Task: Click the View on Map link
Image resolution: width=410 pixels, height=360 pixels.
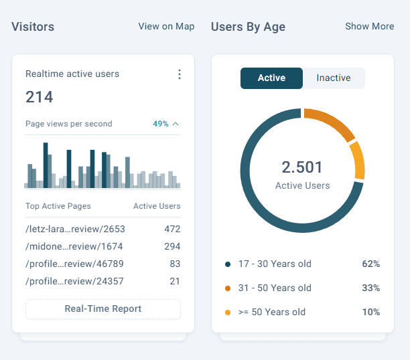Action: pos(166,26)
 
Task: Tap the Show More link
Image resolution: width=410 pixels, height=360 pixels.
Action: pos(369,26)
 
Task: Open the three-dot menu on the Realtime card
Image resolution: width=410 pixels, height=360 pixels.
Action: pos(180,74)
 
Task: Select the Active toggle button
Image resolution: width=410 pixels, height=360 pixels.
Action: pos(271,78)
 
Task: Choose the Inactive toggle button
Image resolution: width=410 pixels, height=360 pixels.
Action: pos(334,78)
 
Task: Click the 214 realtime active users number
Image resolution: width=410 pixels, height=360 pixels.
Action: pos(40,97)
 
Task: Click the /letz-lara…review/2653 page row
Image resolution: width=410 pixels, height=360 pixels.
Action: pos(75,229)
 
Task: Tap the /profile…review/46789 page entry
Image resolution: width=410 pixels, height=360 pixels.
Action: pos(74,264)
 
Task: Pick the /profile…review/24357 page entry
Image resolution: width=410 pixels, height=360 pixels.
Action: pos(74,281)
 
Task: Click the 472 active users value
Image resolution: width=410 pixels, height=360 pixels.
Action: pos(172,229)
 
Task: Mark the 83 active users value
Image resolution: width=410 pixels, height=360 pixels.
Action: pos(175,264)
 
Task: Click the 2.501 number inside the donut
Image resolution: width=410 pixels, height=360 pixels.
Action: pos(302,167)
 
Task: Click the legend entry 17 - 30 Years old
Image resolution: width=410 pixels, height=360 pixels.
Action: pos(275,264)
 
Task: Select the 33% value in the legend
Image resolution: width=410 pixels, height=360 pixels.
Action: pos(370,288)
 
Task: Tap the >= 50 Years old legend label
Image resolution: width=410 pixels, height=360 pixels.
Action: pos(272,312)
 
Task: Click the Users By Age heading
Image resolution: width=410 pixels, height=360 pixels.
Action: pos(248,27)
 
